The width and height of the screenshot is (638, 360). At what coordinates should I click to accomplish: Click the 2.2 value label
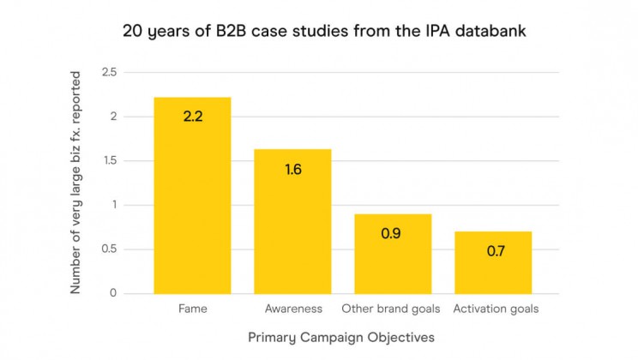tap(192, 116)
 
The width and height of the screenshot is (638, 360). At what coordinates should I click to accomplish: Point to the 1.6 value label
tap(292, 169)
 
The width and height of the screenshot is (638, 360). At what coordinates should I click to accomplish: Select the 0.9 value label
tap(393, 233)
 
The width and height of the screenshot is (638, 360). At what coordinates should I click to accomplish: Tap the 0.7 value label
tap(493, 251)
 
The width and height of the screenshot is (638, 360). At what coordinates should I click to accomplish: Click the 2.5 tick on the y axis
tap(110, 72)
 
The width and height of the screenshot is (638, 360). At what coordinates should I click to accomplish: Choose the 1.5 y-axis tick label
tap(110, 161)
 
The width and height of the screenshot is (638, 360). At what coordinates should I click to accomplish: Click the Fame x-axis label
tap(192, 309)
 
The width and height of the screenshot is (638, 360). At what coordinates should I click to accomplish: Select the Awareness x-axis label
tap(292, 309)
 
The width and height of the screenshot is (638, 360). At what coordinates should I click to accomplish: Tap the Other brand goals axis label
tap(391, 309)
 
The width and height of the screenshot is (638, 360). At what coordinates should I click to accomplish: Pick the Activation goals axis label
tap(495, 309)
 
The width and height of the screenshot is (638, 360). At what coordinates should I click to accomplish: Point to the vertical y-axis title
tap(75, 182)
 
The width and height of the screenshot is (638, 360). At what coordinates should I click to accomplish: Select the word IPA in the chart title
tap(454, 33)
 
